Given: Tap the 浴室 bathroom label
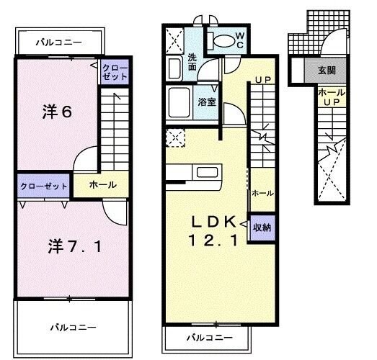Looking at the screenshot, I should [207, 102].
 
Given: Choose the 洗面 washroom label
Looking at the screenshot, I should [192, 61].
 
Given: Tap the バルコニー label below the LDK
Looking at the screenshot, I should [209, 337].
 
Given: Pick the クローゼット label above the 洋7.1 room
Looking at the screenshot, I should [43, 186].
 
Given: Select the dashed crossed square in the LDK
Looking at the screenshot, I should [174, 137].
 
